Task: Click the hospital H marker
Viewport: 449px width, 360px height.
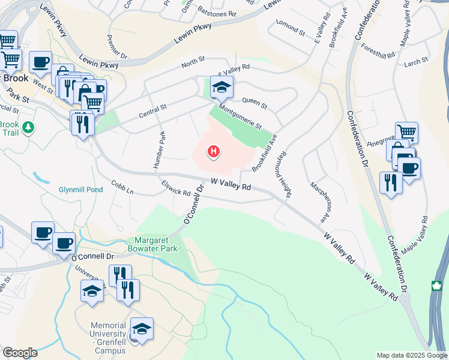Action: pyautogui.click(x=212, y=152)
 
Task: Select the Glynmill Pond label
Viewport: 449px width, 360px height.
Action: pyautogui.click(x=77, y=189)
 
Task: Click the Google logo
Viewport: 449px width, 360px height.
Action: pyautogui.click(x=20, y=353)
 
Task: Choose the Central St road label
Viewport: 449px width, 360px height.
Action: pyautogui.click(x=152, y=109)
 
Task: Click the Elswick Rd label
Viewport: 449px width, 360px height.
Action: pyautogui.click(x=175, y=188)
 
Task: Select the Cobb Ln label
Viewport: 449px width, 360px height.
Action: pyautogui.click(x=121, y=187)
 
